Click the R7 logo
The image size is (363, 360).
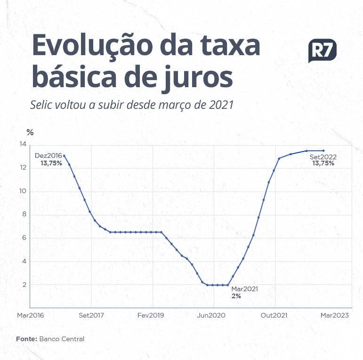[322, 50]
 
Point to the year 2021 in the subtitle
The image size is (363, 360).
[222, 105]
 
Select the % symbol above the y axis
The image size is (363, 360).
[30, 132]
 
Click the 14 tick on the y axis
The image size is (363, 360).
[23, 145]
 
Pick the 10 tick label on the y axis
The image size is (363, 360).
[23, 191]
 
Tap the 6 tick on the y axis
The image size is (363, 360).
[24, 238]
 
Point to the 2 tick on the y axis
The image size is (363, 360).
[24, 285]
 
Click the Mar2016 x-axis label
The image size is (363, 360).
[30, 315]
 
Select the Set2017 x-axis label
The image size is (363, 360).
[91, 315]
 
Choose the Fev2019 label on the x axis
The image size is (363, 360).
[151, 315]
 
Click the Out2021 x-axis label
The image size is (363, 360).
[274, 315]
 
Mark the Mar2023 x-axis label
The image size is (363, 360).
[335, 315]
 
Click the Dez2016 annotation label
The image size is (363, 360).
[48, 155]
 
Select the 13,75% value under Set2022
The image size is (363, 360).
[323, 164]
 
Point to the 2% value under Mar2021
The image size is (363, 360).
[236, 296]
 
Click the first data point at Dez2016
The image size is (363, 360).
[64, 156]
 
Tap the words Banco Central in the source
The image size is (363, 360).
[62, 339]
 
